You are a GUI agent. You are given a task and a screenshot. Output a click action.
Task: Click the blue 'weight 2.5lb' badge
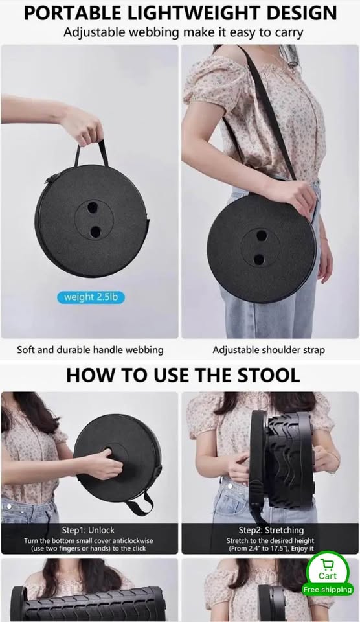(x=91, y=297)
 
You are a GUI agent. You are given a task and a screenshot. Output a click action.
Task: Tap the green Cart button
(x=328, y=570)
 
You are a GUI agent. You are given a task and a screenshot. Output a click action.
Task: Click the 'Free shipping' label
(x=328, y=590)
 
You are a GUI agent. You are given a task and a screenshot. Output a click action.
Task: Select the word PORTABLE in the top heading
(x=71, y=13)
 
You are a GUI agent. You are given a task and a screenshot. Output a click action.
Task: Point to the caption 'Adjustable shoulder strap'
(x=269, y=351)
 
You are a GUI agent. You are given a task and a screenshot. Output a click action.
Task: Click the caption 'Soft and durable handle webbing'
(x=90, y=350)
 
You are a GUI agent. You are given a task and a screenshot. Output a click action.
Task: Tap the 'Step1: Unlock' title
(x=88, y=530)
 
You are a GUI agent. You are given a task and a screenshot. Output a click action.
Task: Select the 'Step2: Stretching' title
(x=271, y=530)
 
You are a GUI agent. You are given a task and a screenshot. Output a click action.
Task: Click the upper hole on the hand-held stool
(x=93, y=207)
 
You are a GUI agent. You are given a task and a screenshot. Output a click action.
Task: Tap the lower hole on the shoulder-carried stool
(x=259, y=260)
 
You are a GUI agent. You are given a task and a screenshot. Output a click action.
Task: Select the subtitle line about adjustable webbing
(x=183, y=32)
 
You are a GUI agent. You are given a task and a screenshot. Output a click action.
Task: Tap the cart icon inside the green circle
(x=328, y=563)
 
